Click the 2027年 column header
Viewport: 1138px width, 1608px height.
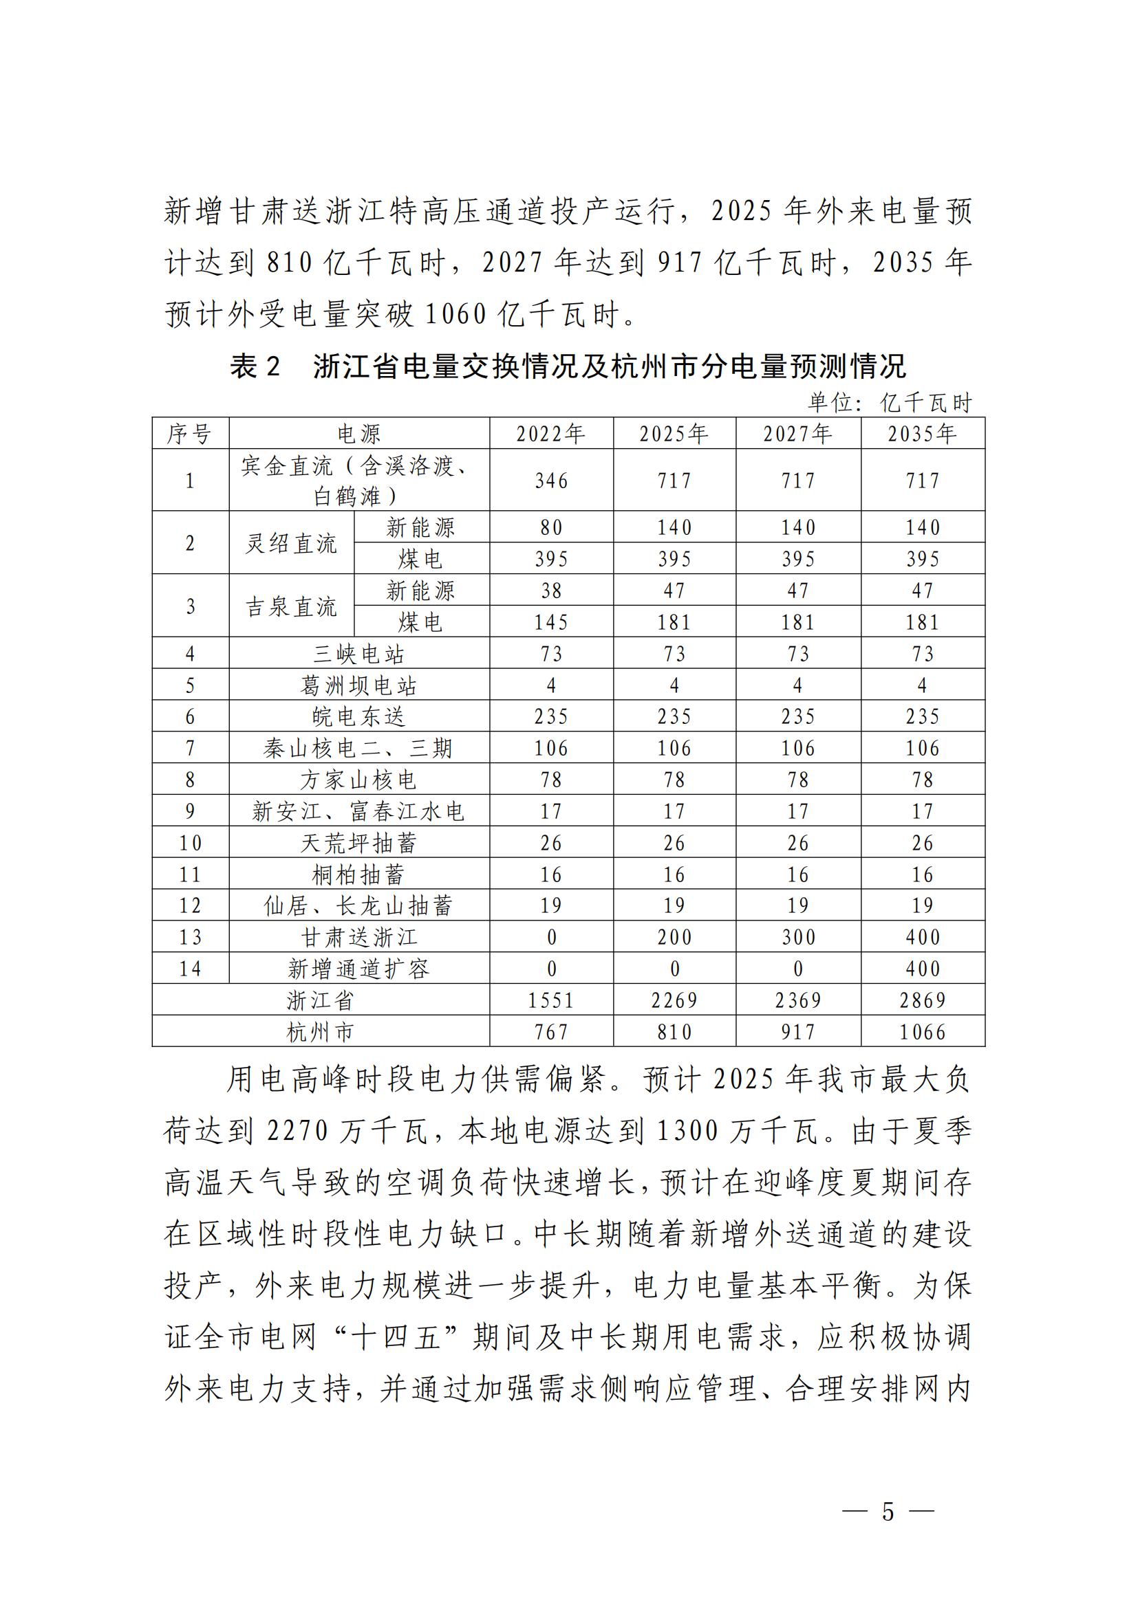pos(797,434)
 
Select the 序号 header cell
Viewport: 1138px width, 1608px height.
pos(189,434)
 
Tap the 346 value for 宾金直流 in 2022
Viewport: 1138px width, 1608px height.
pos(551,481)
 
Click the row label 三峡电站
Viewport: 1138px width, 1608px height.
pos(358,653)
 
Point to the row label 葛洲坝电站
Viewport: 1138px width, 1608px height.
pos(358,685)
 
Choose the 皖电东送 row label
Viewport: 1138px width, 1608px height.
pos(358,716)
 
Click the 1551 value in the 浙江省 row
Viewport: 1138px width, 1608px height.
pos(551,1000)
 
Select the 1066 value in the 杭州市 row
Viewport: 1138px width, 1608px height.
pos(922,1032)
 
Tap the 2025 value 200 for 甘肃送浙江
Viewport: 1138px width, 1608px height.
pos(674,937)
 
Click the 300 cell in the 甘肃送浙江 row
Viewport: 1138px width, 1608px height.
pos(797,937)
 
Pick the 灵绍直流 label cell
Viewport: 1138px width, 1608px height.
pos(291,544)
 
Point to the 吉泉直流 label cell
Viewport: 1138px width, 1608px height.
pos(291,606)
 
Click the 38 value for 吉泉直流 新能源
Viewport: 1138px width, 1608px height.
pos(551,591)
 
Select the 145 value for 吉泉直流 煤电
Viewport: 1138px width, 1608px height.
pos(551,622)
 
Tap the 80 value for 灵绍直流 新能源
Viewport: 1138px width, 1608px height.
pos(551,527)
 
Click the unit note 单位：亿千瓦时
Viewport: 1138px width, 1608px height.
pos(890,402)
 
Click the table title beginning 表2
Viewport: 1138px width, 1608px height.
pos(568,366)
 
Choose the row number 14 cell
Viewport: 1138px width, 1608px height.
pos(189,969)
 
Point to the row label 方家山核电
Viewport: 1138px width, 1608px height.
pos(358,780)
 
